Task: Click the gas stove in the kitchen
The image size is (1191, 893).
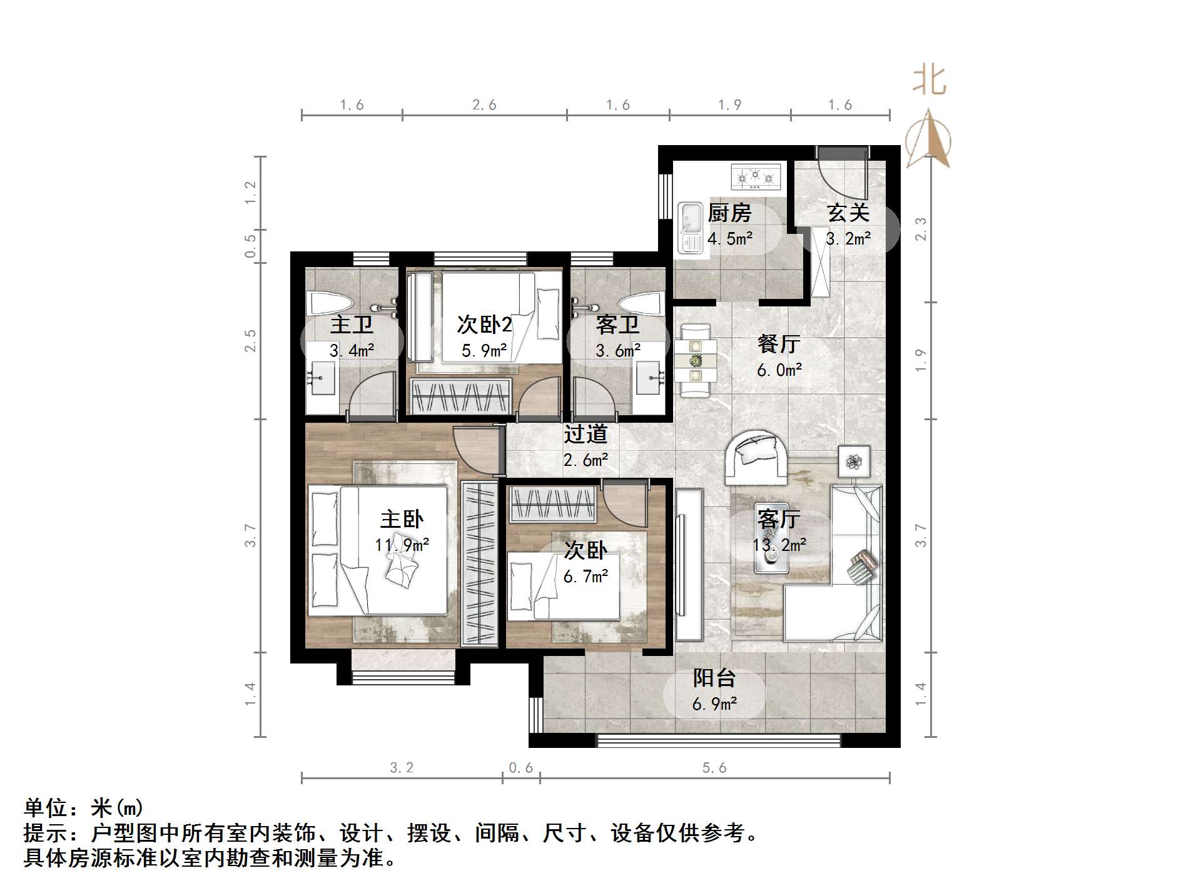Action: click(756, 177)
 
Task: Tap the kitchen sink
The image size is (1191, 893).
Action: click(690, 229)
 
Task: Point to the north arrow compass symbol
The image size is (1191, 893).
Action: click(929, 141)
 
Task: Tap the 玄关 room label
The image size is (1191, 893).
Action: click(848, 213)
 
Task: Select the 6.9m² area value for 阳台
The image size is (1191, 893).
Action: click(714, 705)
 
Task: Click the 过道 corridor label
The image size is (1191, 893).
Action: click(585, 434)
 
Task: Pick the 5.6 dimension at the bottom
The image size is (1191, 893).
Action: click(714, 768)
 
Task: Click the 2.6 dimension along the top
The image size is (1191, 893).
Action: click(484, 105)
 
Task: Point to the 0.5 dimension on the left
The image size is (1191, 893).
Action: click(250, 246)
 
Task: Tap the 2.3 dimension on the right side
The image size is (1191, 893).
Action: click(920, 229)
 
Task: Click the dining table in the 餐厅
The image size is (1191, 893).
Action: click(695, 360)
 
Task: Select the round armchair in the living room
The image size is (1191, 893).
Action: click(756, 457)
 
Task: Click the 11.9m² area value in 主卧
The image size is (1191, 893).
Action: click(402, 545)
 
